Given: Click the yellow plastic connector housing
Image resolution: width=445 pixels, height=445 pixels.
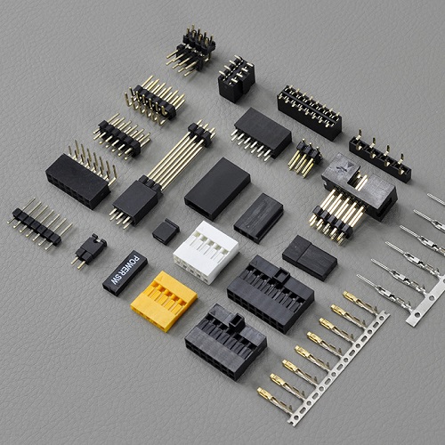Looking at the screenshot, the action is pyautogui.click(x=164, y=301).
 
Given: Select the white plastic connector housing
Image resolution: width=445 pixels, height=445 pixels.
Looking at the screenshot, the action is pyautogui.click(x=206, y=252).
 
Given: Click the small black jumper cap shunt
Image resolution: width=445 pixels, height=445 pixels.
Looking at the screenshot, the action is pyautogui.click(x=166, y=231).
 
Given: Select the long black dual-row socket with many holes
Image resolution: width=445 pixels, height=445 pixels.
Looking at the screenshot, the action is pyautogui.click(x=310, y=113).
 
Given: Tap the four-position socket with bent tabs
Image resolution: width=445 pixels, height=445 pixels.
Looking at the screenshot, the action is pyautogui.click(x=380, y=156).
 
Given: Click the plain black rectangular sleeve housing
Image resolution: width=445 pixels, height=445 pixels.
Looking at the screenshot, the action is pyautogui.click(x=217, y=189).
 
